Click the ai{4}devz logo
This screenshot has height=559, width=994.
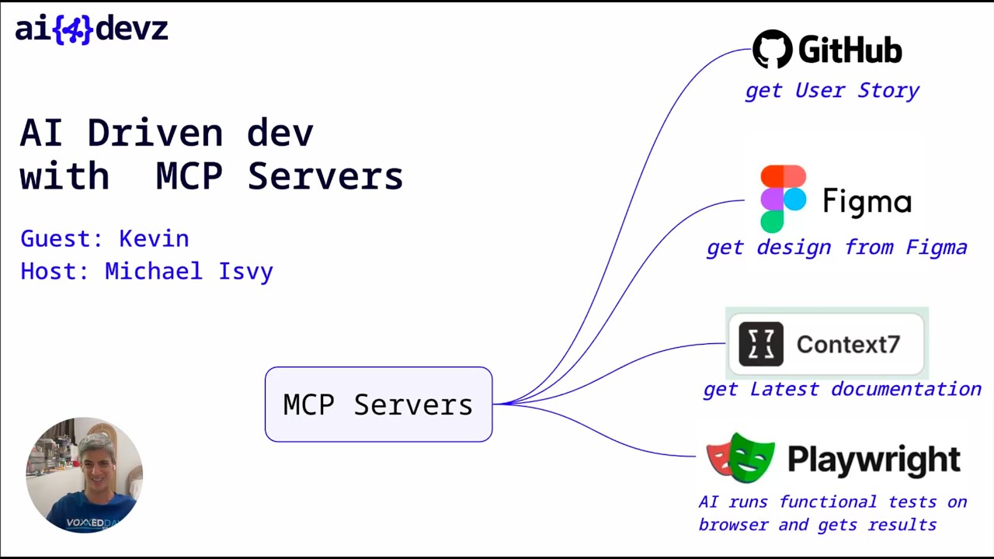(x=91, y=30)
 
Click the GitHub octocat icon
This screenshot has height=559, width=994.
(x=772, y=50)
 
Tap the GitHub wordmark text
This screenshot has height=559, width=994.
(x=850, y=50)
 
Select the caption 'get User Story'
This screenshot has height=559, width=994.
(x=832, y=91)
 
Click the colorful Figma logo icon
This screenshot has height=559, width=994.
(x=783, y=199)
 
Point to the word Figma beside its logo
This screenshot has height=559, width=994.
(x=867, y=202)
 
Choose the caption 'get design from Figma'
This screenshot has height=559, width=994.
(x=836, y=248)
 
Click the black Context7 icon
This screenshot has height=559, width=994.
(x=761, y=344)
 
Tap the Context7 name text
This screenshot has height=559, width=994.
(x=848, y=345)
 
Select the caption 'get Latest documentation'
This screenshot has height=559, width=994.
(x=842, y=389)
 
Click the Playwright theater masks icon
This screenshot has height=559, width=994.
(x=741, y=458)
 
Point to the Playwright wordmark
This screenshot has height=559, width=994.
(x=874, y=460)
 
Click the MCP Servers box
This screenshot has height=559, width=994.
(x=378, y=404)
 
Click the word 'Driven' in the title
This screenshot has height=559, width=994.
(x=155, y=134)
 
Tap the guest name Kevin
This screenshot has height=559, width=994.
(x=154, y=238)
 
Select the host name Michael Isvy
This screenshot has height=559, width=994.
(x=189, y=271)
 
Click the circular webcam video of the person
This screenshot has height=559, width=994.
(x=84, y=475)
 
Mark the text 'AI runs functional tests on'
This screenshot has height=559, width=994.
(x=832, y=502)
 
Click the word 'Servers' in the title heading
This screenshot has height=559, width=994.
(x=325, y=176)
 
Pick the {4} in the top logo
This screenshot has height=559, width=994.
(x=73, y=30)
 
